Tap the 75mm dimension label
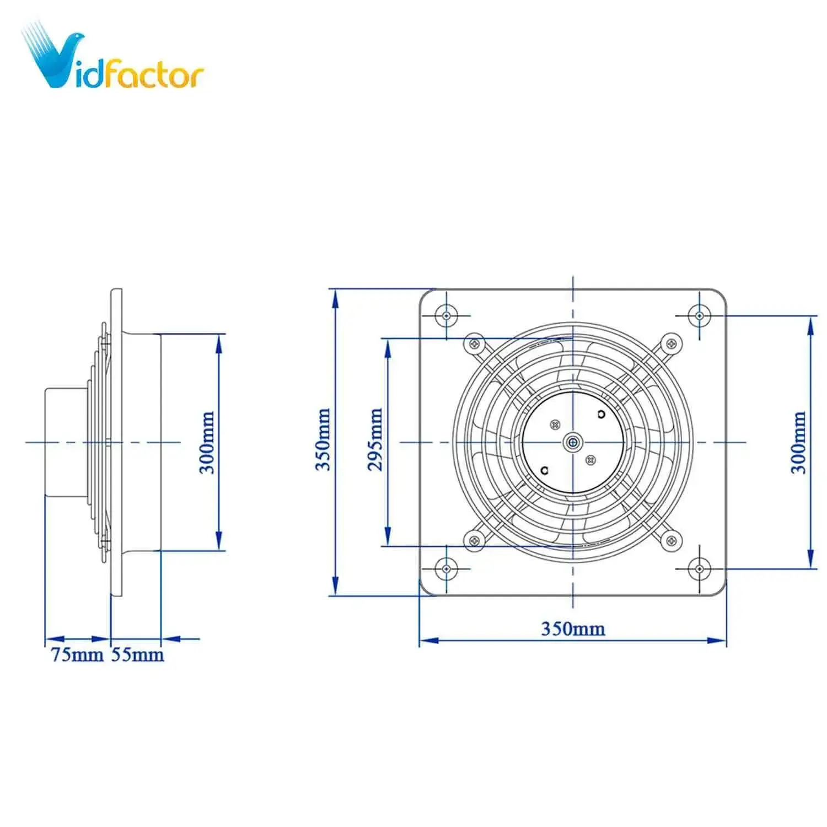tap(77, 654)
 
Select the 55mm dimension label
tap(137, 654)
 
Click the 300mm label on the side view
tap(207, 442)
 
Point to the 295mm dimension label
tap(375, 439)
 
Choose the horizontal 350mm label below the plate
tap(572, 629)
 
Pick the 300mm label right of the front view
tap(798, 442)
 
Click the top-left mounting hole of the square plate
tap(446, 316)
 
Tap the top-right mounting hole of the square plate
tap(699, 316)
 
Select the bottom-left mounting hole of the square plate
tap(446, 567)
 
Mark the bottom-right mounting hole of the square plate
tap(699, 567)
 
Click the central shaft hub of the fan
tap(573, 442)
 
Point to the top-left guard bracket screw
tap(474, 343)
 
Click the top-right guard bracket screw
tap(671, 343)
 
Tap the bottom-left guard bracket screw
tap(474, 540)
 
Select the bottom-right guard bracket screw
tap(671, 540)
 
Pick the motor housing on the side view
tap(65, 442)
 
